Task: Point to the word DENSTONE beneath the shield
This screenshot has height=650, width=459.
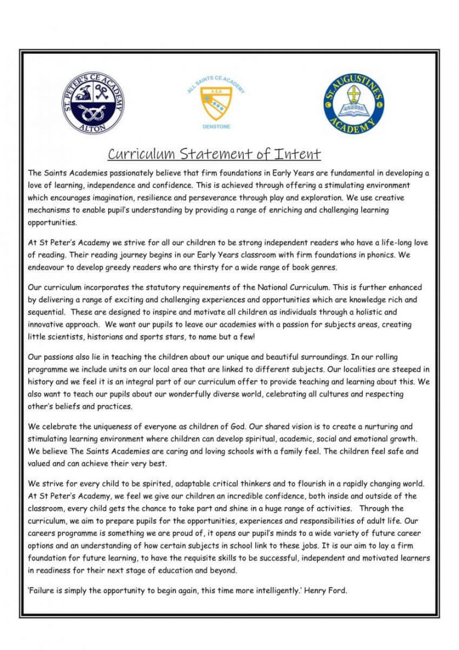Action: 216,127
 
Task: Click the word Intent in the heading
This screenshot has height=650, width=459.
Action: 298,154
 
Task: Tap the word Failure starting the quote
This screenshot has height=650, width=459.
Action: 43,591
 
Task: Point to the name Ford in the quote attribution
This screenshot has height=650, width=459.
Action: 338,591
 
